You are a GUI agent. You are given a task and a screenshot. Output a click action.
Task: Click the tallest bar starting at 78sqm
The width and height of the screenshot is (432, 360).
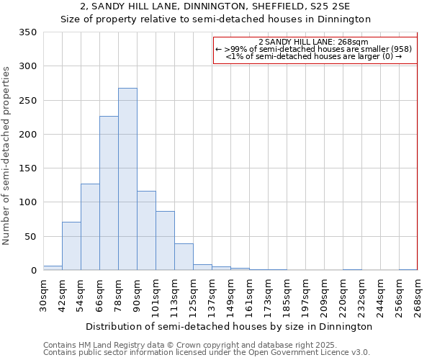127,179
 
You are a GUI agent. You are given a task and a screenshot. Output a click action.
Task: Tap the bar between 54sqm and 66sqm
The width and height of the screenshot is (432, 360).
90,227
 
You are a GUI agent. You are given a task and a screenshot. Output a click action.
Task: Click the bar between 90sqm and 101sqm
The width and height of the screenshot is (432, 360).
146,230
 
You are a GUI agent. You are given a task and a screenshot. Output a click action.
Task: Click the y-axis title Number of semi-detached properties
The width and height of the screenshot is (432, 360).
7,155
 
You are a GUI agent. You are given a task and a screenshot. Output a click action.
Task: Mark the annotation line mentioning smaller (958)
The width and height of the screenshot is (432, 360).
315,49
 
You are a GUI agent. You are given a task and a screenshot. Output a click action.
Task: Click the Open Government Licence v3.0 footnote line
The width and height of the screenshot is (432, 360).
206,353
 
